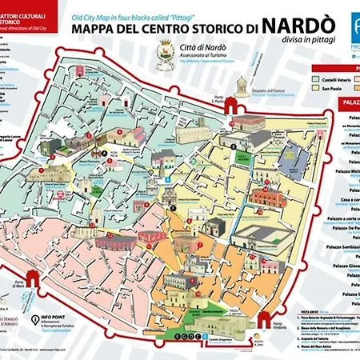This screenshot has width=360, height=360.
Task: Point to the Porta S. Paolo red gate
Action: coord(235,104)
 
